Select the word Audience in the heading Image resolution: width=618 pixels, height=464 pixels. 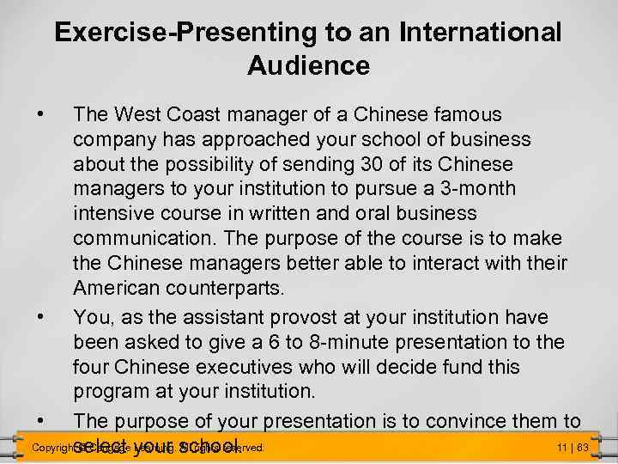click(x=308, y=65)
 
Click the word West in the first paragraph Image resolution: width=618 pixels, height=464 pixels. click(x=137, y=114)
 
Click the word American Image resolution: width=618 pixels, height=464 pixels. click(x=118, y=286)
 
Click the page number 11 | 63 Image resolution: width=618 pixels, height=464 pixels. click(x=571, y=448)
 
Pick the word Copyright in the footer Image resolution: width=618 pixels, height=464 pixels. click(x=50, y=449)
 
